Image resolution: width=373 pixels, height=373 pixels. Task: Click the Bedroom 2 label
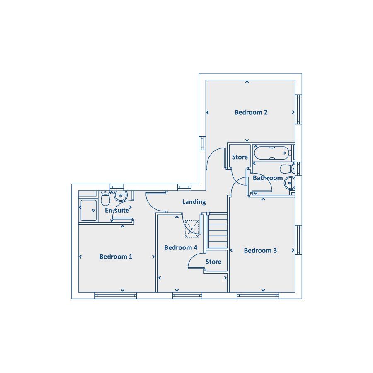click(x=251, y=112)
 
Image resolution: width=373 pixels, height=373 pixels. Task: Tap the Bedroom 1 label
click(x=116, y=257)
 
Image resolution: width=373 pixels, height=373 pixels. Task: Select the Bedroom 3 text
click(x=260, y=250)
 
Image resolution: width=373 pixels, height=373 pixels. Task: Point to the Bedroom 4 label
click(x=181, y=247)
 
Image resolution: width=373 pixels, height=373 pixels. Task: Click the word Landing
click(x=194, y=202)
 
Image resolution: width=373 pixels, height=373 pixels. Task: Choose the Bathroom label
click(x=268, y=178)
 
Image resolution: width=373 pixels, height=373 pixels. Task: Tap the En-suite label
click(x=117, y=210)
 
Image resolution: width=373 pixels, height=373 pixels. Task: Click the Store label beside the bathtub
click(x=240, y=157)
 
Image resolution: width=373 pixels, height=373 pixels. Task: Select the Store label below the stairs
click(x=213, y=262)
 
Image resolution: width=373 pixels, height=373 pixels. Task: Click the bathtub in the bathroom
click(x=271, y=153)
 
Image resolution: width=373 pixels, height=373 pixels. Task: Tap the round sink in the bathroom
click(x=290, y=183)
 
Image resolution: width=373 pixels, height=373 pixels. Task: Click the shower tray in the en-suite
click(x=89, y=210)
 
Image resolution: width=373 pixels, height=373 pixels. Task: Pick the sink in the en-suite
click(x=121, y=196)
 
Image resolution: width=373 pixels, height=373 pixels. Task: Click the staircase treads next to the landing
click(x=217, y=230)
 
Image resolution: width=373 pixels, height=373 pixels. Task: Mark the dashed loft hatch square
click(x=192, y=229)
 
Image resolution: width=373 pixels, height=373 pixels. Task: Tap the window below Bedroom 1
click(x=116, y=295)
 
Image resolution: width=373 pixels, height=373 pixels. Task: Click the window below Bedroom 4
click(x=187, y=295)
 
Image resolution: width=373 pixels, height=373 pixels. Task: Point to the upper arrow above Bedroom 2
click(x=247, y=82)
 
